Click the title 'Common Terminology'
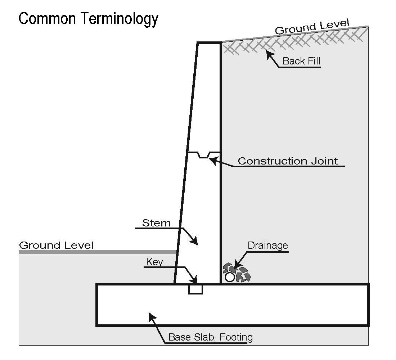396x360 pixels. pos(88,19)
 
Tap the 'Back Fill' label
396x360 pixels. pos(301,61)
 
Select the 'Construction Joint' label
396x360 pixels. pos(288,161)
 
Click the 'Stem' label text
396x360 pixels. pos(157,223)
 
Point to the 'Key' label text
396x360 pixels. pos(154,262)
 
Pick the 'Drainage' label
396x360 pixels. pos(268,246)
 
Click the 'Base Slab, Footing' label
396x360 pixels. pos(211,337)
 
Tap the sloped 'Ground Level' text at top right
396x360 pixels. pos(312,28)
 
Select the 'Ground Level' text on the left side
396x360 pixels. pos(56,246)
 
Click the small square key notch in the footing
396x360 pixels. pos(195,289)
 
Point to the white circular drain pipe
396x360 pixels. pos(230,277)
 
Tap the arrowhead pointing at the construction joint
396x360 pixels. pos(213,159)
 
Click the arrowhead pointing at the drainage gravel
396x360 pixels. pos(235,268)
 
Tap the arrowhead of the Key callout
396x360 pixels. pos(195,281)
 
